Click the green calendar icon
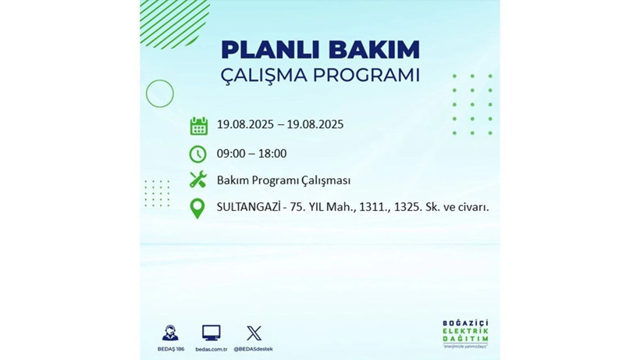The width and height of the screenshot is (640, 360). tap(198, 126)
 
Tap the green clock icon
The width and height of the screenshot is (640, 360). tap(198, 154)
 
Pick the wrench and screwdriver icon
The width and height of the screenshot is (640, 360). tap(198, 180)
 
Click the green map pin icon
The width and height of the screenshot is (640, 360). tap(198, 209)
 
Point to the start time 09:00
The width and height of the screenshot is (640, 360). tap(231, 154)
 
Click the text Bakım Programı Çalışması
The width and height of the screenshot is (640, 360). tap(283, 180)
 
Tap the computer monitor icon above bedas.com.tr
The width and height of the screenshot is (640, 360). tap(211, 333)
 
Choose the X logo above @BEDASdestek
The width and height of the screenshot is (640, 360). tap(253, 333)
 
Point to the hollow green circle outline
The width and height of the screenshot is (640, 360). tap(159, 94)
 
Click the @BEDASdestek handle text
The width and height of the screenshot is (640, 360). tap(253, 348)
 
